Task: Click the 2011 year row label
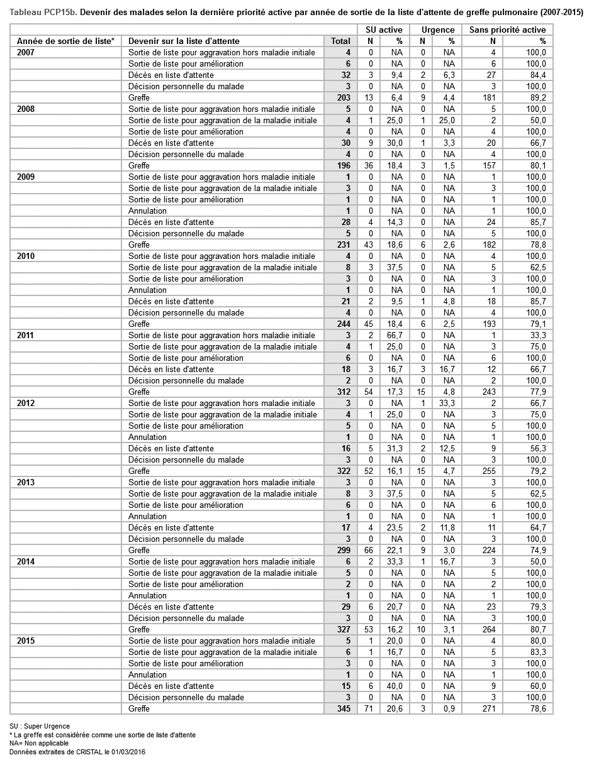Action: tap(26, 335)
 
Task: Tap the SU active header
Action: tap(384, 30)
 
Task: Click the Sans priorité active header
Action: tap(507, 30)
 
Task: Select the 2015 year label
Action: tap(26, 641)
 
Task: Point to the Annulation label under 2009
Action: tap(147, 211)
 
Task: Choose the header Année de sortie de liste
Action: tap(65, 41)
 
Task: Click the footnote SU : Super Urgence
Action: tap(40, 726)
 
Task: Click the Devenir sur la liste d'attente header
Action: tap(184, 41)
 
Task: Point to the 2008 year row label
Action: tap(26, 109)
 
